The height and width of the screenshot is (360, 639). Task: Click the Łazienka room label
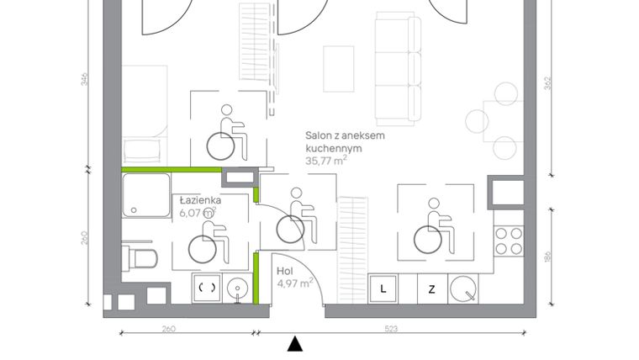(x=200, y=201)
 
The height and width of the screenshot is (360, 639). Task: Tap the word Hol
(x=285, y=272)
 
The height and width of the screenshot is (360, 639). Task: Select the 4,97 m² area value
(x=295, y=283)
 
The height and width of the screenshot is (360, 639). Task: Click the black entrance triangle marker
(x=294, y=343)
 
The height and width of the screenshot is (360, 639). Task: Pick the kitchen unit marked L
(x=383, y=289)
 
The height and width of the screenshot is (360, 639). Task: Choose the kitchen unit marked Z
(x=431, y=289)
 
